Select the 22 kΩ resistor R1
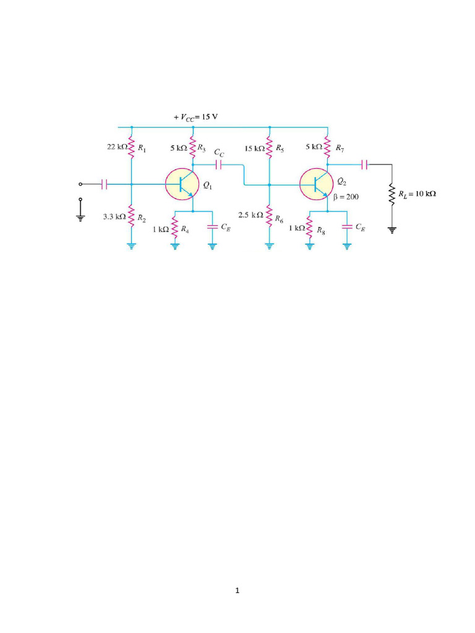[x=131, y=148]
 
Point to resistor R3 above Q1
[x=193, y=148]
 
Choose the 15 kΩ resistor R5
[x=269, y=148]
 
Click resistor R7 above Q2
[x=327, y=148]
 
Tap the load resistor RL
[x=392, y=193]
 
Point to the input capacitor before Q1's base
[x=104, y=184]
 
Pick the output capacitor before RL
[x=365, y=164]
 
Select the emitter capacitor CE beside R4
[x=212, y=227]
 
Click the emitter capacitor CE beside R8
[x=346, y=227]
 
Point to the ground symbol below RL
[x=392, y=230]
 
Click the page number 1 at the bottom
[x=237, y=591]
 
